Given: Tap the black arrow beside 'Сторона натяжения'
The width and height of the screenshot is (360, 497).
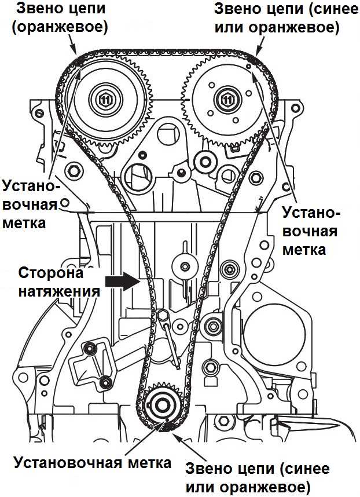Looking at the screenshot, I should coord(123,282).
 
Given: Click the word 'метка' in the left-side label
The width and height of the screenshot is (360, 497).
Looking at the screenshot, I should coord(24,222).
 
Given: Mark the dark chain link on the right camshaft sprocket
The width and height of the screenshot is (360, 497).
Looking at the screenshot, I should coord(253,60).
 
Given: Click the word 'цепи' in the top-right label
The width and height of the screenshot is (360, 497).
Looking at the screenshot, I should coord(275,10).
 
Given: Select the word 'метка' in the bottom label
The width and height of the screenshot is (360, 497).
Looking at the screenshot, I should coord(152,463).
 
